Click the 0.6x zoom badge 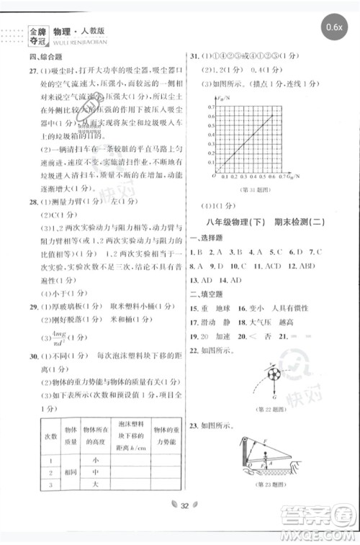click(x=334, y=27)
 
